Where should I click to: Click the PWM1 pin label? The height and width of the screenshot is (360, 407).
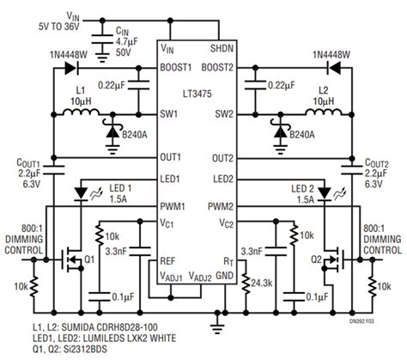pos(173,205)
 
